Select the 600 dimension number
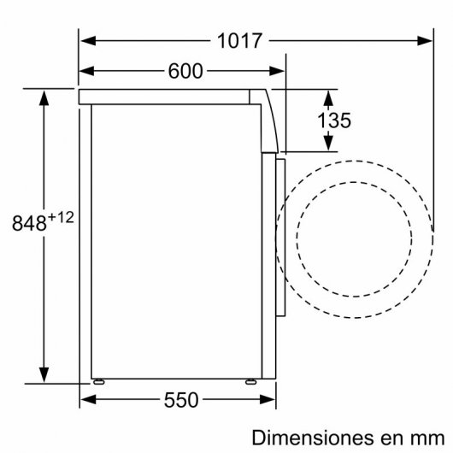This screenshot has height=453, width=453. [185, 72]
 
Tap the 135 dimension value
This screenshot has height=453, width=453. [333, 121]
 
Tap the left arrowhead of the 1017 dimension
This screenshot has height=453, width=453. [86, 40]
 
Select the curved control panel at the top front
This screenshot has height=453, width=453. [272, 120]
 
